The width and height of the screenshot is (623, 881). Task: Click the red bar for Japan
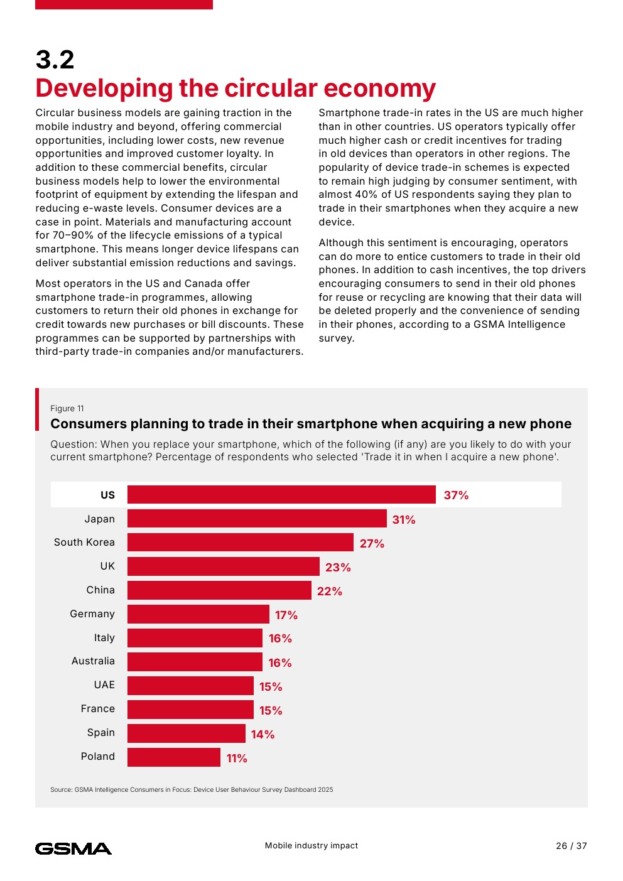(257, 519)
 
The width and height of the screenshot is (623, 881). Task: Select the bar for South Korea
(241, 543)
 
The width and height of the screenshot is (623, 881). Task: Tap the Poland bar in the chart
(174, 757)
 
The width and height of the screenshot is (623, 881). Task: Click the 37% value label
(456, 495)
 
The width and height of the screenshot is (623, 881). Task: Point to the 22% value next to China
(330, 592)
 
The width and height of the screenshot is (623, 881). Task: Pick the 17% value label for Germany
(286, 615)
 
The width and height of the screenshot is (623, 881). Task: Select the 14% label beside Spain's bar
(263, 735)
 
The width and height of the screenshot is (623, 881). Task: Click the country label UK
(107, 566)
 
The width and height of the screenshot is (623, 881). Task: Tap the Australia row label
(93, 661)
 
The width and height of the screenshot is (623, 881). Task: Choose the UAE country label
(104, 685)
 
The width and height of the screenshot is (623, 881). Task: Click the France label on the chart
(98, 709)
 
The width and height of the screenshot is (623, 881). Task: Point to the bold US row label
(107, 495)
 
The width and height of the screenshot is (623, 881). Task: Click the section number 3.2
(55, 60)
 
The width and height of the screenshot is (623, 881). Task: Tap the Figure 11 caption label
(67, 409)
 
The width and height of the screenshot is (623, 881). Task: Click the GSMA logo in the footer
(73, 849)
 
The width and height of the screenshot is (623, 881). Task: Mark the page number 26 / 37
(571, 846)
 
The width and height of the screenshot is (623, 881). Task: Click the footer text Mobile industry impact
(311, 846)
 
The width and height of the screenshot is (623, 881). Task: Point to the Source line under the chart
(192, 790)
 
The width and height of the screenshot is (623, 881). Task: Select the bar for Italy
(195, 638)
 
